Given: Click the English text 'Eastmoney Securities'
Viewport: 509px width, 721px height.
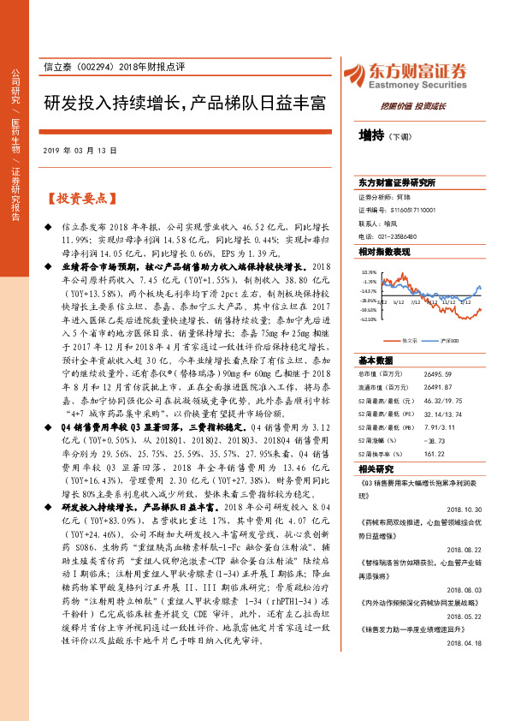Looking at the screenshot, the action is point(415,86).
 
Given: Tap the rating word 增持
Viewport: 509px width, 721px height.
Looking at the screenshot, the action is point(370,136).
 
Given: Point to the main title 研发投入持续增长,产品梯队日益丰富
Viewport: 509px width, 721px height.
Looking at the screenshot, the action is point(186,104).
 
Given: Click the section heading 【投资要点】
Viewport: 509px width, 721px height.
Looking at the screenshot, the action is point(78,199).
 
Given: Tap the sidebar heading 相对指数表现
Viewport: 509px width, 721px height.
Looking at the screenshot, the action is point(384,252).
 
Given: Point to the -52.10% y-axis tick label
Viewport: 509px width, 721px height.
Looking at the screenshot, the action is point(369,319).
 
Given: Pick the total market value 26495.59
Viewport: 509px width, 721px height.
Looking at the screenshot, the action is point(441,373).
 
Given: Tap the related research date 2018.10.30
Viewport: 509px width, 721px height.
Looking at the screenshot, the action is point(465,508).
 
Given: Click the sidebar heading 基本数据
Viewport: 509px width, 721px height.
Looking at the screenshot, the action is point(376,360).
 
